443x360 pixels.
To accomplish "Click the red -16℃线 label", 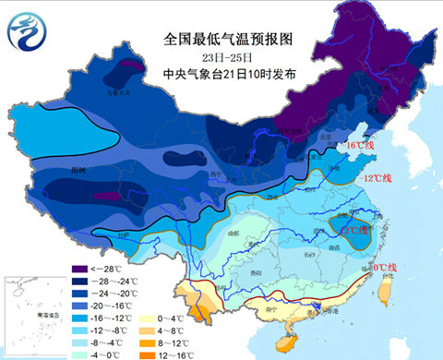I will point(360,146).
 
